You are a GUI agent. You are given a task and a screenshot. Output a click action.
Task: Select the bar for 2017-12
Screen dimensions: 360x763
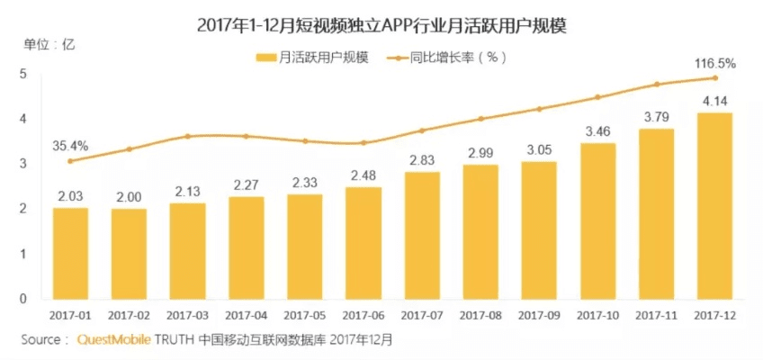pos(714,206)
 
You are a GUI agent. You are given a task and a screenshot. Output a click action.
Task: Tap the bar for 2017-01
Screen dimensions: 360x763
pos(70,253)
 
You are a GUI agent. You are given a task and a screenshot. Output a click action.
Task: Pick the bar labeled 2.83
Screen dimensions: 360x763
pos(422,235)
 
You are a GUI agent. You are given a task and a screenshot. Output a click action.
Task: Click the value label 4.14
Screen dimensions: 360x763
pos(714,100)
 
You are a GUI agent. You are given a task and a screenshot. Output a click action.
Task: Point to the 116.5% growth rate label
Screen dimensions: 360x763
pos(716,63)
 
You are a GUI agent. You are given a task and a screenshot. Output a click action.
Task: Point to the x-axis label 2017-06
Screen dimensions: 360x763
pos(363,315)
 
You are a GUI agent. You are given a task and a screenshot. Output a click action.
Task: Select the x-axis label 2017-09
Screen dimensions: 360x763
pos(539,315)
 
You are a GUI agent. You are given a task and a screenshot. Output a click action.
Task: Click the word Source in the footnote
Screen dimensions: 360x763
pos(40,340)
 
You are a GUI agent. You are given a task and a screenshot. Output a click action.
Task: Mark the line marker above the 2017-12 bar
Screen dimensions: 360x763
pos(714,77)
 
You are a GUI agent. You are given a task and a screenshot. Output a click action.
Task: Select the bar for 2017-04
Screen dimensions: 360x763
pos(246,247)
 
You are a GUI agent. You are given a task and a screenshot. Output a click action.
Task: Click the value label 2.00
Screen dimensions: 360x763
pos(129,197)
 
